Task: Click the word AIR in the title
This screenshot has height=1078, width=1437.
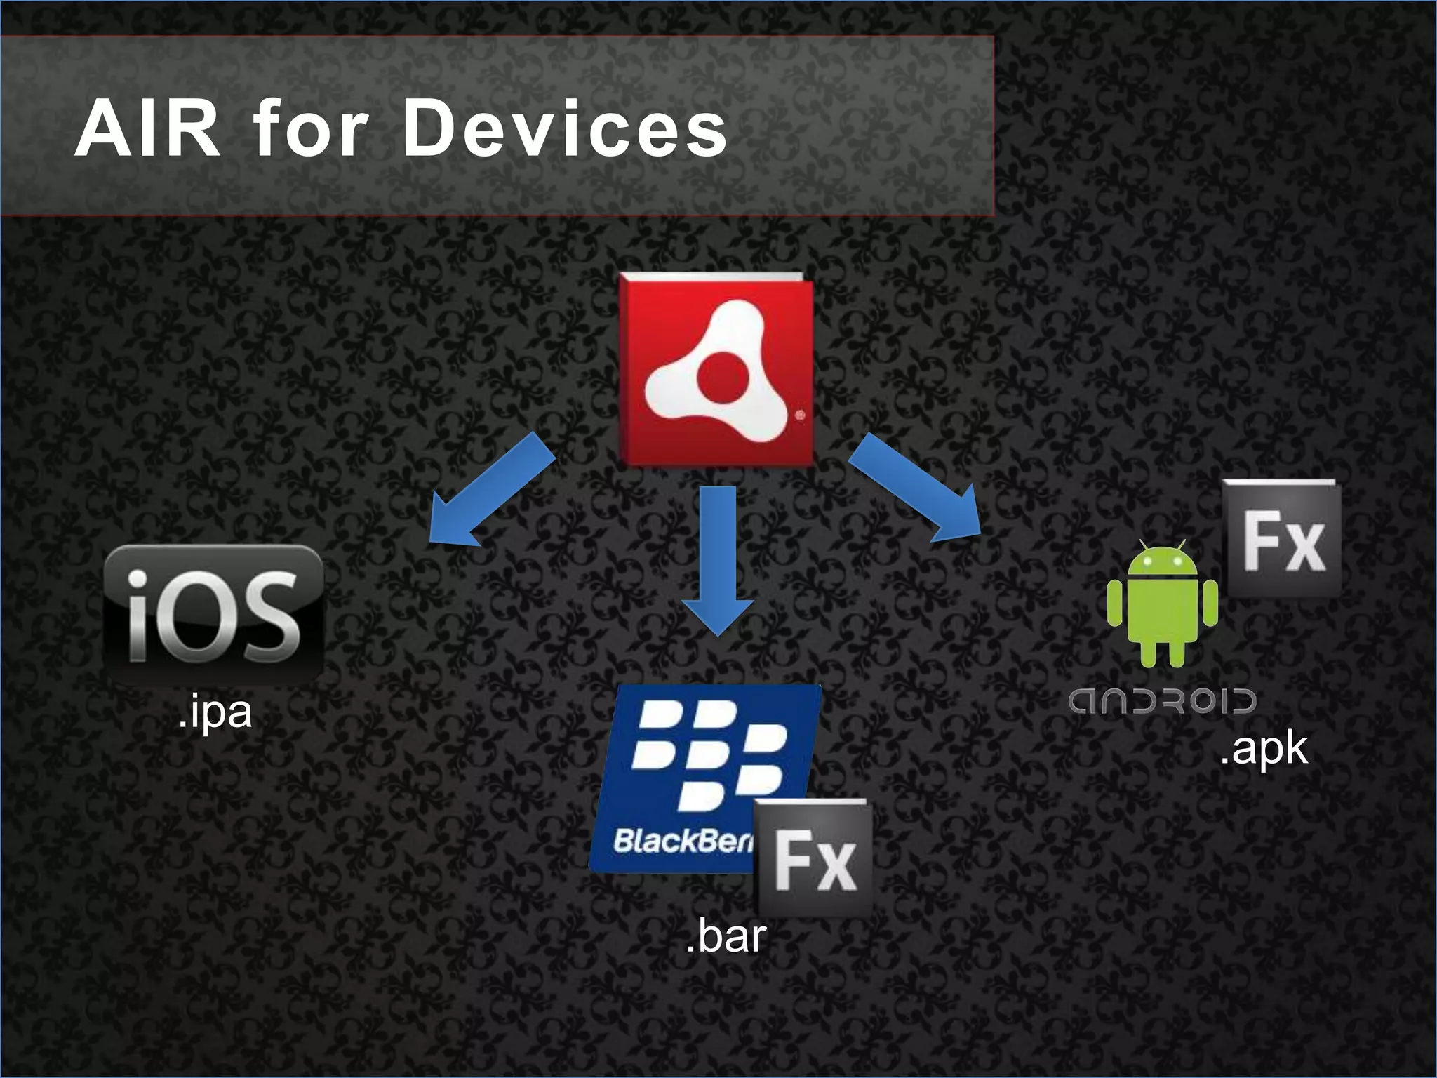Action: (x=147, y=129)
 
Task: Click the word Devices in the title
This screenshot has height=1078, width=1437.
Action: (x=565, y=129)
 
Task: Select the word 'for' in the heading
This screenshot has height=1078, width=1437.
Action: (x=311, y=129)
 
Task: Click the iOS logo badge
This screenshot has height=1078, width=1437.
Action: (x=213, y=615)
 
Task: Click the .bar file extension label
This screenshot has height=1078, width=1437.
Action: (x=726, y=937)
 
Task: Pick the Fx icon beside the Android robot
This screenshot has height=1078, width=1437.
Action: (x=1283, y=539)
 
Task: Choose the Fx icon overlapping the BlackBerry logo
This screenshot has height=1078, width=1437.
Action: (x=815, y=858)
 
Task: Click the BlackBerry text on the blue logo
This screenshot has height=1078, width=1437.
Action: (x=681, y=841)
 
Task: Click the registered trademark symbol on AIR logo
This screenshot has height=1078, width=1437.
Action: (x=801, y=415)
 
